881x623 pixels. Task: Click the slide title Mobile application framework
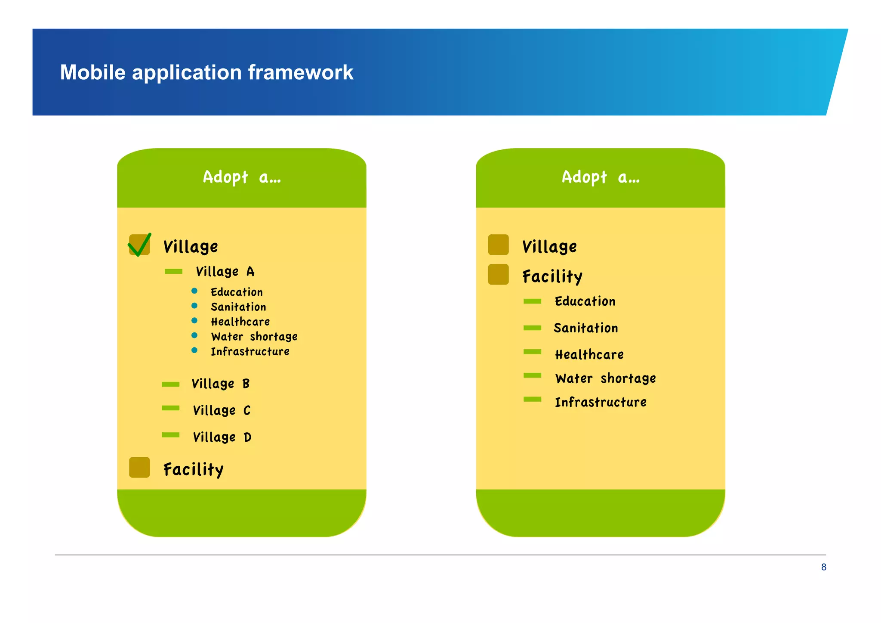click(206, 72)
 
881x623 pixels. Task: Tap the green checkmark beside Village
click(139, 245)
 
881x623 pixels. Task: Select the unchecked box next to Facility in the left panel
click(139, 468)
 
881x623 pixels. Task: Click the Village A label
click(225, 272)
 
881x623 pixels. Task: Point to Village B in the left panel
click(220, 384)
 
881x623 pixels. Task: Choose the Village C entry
click(222, 410)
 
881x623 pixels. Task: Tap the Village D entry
click(222, 437)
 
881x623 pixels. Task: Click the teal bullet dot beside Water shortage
click(194, 335)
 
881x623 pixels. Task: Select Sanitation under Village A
click(238, 307)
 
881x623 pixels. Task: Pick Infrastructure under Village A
click(250, 352)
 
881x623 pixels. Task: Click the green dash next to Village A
click(173, 271)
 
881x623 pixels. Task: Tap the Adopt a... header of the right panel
click(601, 177)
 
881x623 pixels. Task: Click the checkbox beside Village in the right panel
click(498, 245)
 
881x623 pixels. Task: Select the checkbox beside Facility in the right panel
click(498, 275)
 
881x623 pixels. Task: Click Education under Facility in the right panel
click(585, 301)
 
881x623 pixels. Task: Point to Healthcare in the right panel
click(589, 355)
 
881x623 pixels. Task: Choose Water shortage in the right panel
click(606, 378)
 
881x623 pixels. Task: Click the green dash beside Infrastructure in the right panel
click(532, 399)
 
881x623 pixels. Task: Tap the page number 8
click(823, 567)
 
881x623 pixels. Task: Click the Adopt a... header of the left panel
click(242, 177)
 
